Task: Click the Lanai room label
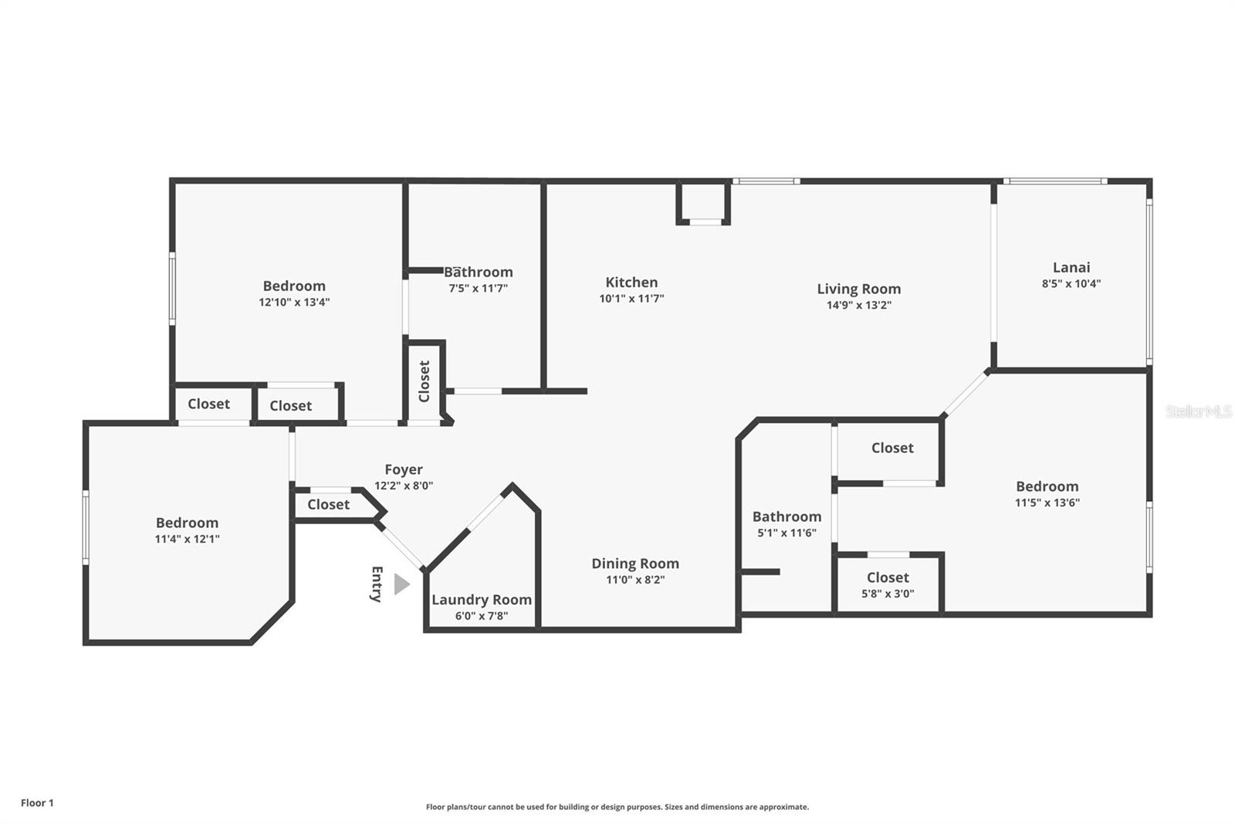pyautogui.click(x=1071, y=267)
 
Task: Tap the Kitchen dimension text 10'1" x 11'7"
pyautogui.click(x=631, y=299)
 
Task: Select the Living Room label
pyautogui.click(x=858, y=289)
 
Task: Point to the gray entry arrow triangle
pyautogui.click(x=401, y=584)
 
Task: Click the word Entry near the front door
pyautogui.click(x=377, y=584)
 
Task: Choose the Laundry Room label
pyautogui.click(x=481, y=599)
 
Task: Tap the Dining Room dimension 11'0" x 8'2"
pyautogui.click(x=634, y=580)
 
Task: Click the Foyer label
pyautogui.click(x=404, y=469)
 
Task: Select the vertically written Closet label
pyautogui.click(x=424, y=381)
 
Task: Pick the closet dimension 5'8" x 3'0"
pyautogui.click(x=888, y=594)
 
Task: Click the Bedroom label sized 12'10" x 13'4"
pyautogui.click(x=294, y=286)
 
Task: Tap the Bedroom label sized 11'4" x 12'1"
pyautogui.click(x=187, y=523)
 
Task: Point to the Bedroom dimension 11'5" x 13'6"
pyautogui.click(x=1047, y=503)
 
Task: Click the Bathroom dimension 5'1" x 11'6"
pyautogui.click(x=787, y=533)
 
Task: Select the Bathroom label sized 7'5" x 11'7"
pyautogui.click(x=478, y=272)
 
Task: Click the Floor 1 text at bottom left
pyautogui.click(x=37, y=803)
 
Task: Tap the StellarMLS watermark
pyautogui.click(x=1198, y=411)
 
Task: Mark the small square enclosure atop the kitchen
pyautogui.click(x=703, y=202)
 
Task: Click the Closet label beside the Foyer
pyautogui.click(x=328, y=504)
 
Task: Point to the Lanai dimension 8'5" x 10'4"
pyautogui.click(x=1071, y=283)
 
